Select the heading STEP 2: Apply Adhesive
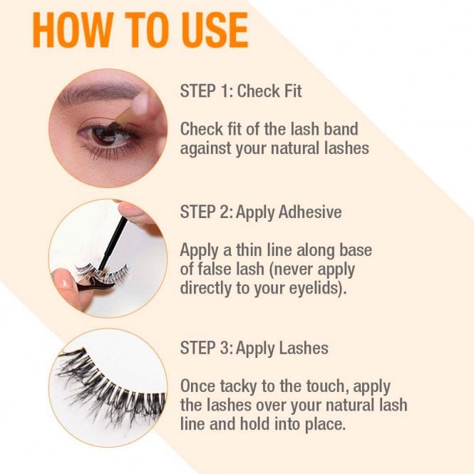pos(261,212)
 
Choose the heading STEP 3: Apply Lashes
pos(254,349)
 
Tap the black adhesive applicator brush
pos(114,242)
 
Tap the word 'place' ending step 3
pos(319,426)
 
